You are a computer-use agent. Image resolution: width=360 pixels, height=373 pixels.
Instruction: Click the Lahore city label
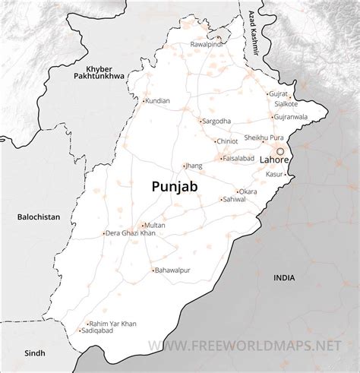[274, 161]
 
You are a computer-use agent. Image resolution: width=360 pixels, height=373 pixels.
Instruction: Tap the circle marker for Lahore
[280, 151]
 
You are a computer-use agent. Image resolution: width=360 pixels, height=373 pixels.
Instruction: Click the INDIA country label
[285, 278]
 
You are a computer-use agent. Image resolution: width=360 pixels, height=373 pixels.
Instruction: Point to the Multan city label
[155, 226]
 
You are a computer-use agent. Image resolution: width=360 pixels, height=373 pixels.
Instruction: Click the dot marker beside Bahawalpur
[152, 270]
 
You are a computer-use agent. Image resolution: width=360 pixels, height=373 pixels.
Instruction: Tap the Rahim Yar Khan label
[113, 324]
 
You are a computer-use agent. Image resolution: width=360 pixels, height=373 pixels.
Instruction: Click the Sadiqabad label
[103, 332]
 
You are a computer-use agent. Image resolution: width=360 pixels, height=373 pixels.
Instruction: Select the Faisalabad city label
[240, 158]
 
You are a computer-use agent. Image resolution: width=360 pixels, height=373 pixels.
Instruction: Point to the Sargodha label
[216, 121]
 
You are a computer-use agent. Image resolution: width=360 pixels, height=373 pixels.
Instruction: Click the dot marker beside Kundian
[144, 100]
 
